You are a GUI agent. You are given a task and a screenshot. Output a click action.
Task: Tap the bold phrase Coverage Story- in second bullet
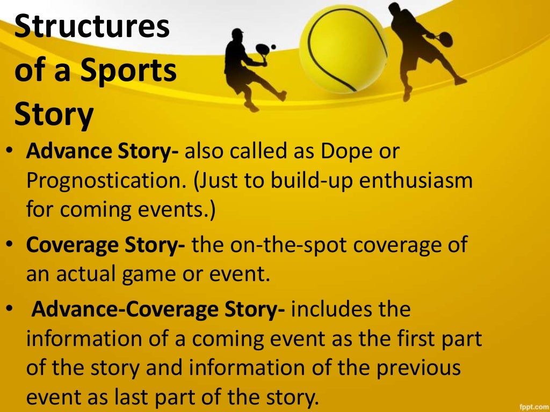pyautogui.click(x=106, y=245)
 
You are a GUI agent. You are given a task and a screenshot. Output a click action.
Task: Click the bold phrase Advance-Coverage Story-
pyautogui.click(x=159, y=310)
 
